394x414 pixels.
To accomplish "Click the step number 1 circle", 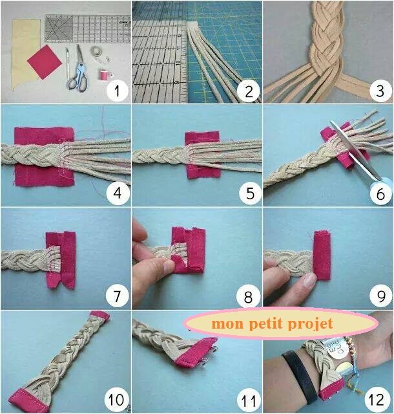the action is point(117,91).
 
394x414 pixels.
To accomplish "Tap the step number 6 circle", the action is point(380,193).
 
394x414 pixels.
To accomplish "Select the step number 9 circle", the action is point(381,296).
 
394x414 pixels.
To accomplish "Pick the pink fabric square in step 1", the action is point(45,62).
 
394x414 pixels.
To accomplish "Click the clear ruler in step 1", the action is point(88,28).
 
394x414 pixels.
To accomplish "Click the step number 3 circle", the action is point(380,91).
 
